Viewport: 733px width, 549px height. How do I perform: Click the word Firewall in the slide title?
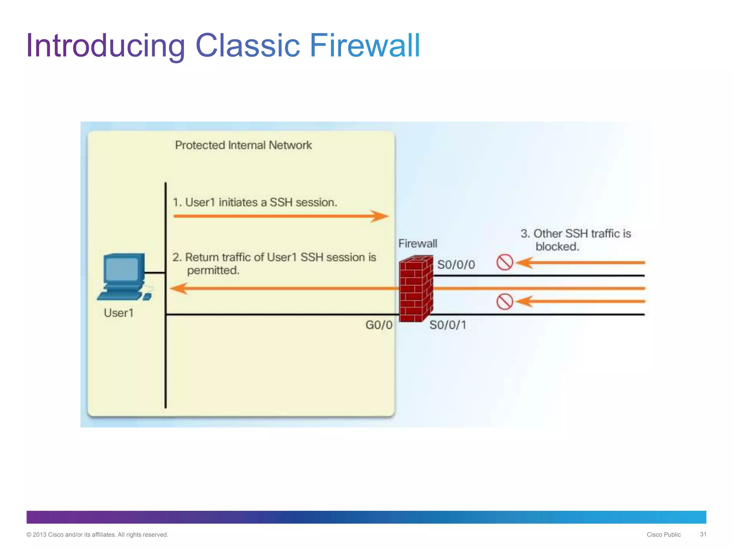point(364,45)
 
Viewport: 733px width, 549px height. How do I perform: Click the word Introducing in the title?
point(106,45)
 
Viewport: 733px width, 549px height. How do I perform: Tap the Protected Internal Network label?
point(243,145)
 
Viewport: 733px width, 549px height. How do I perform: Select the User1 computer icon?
point(123,276)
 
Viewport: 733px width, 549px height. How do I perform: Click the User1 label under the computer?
point(118,313)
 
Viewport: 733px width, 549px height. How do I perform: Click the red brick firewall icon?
point(416,289)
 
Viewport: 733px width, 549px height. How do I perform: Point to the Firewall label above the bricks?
point(418,243)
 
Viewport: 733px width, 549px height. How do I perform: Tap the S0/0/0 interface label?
point(456,265)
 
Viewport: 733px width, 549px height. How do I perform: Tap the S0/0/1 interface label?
point(448,325)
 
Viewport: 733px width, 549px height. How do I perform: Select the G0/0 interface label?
point(379,325)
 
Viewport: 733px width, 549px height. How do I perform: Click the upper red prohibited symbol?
point(505,262)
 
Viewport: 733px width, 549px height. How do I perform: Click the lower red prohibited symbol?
point(505,302)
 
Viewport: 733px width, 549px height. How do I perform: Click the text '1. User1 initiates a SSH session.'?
point(255,202)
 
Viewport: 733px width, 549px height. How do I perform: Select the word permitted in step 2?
point(213,271)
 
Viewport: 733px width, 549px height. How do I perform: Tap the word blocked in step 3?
point(557,247)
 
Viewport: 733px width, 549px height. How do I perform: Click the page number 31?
point(703,534)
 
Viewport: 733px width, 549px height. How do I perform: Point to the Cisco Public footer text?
point(664,535)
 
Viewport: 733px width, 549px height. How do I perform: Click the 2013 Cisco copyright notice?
point(97,535)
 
